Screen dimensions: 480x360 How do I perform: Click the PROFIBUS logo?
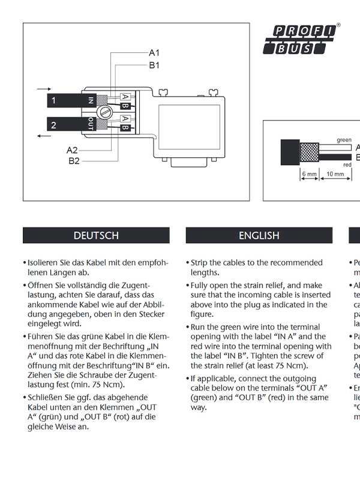(x=302, y=40)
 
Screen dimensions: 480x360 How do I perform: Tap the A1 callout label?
(x=154, y=53)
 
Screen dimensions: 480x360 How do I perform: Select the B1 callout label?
(x=154, y=65)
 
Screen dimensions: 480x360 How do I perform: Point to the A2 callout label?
(x=72, y=150)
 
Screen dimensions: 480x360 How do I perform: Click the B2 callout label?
(x=74, y=161)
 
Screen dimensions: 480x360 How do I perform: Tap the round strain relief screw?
(x=105, y=112)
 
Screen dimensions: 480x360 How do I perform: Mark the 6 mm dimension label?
(x=309, y=175)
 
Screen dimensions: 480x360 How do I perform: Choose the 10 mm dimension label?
(x=335, y=175)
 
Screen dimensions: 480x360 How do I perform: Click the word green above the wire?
(x=344, y=140)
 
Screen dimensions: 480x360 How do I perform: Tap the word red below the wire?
(x=347, y=164)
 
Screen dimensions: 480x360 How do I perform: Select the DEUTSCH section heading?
(x=96, y=236)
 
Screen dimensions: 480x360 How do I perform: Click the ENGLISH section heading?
(x=259, y=236)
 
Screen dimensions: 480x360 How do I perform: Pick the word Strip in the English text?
(x=200, y=263)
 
